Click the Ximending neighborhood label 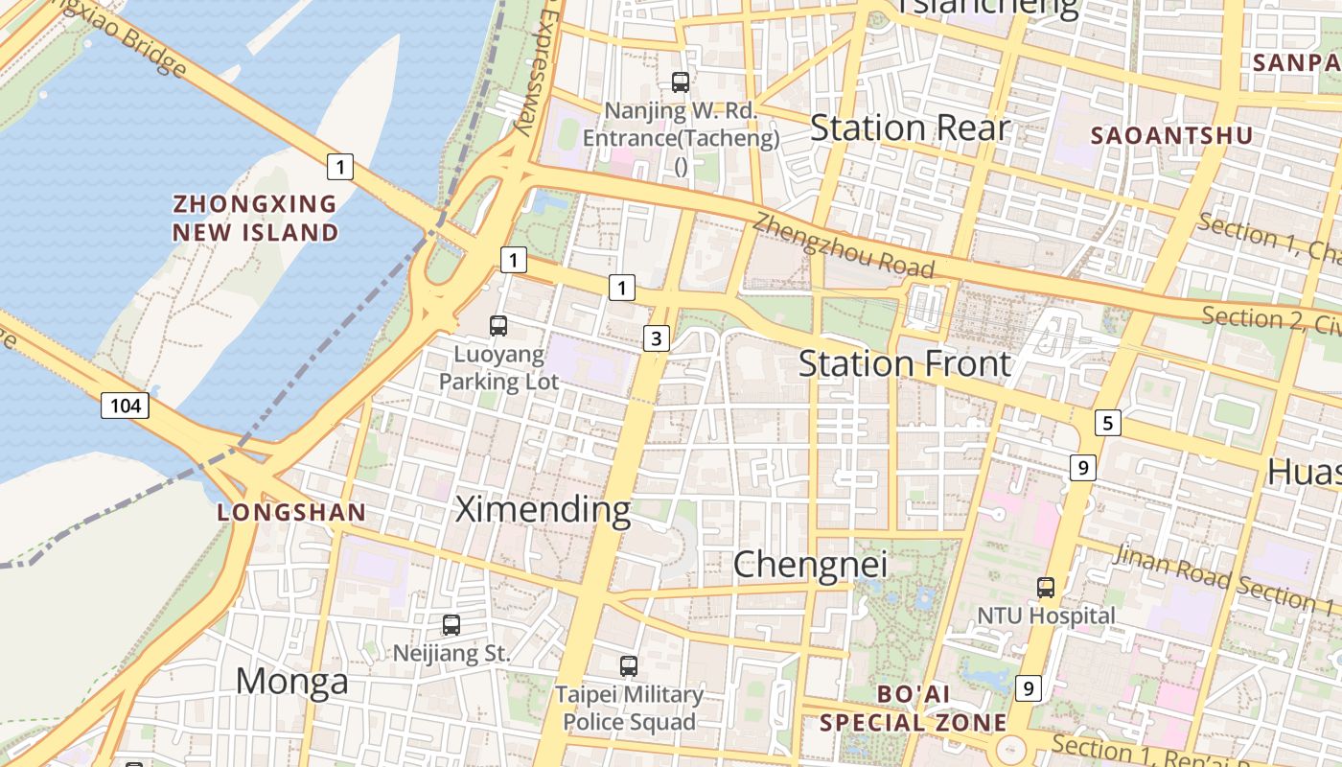click(x=543, y=509)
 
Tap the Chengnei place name click(x=810, y=564)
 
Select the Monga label click(x=291, y=681)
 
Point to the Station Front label click(x=904, y=364)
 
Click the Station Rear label click(x=910, y=128)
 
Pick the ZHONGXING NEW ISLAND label click(x=255, y=218)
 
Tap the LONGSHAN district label click(x=291, y=513)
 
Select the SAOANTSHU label click(x=1171, y=136)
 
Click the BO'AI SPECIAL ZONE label click(x=914, y=708)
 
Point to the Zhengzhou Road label click(x=843, y=245)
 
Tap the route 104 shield click(x=125, y=406)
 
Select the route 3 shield click(x=656, y=337)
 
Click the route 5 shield click(x=1107, y=422)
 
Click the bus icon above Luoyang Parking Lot click(x=498, y=326)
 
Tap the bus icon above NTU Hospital click(x=1046, y=587)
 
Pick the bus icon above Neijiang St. click(x=451, y=625)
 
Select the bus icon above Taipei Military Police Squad click(x=629, y=665)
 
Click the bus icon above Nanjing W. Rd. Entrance click(x=681, y=82)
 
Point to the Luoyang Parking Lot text click(x=498, y=368)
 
